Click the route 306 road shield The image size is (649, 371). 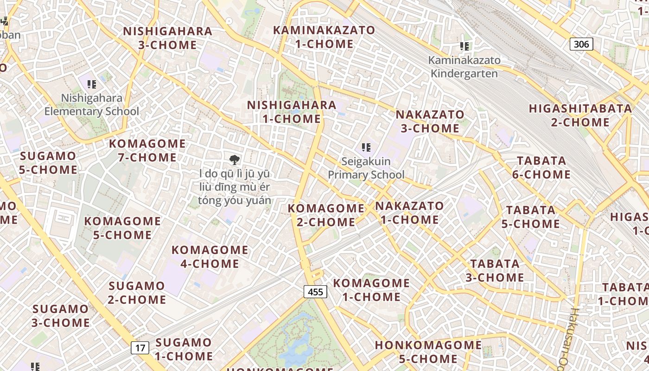tap(581, 44)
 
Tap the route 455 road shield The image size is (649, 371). tap(316, 292)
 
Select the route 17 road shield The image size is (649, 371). tap(140, 347)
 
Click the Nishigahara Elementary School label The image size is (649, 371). tap(92, 105)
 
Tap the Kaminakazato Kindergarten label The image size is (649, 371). tap(464, 67)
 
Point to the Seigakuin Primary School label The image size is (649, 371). tap(366, 168)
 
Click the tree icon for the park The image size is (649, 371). tap(235, 160)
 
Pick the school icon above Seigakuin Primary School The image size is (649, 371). tap(366, 147)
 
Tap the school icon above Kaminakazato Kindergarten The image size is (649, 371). tap(464, 46)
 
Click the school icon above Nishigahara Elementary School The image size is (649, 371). tap(92, 84)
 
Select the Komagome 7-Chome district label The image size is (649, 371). tap(147, 150)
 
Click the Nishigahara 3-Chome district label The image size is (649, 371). tap(168, 38)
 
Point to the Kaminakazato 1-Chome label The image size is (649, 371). tap(324, 37)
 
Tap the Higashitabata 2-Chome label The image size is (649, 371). tap(580, 115)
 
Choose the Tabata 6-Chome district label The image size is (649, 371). tap(541, 167)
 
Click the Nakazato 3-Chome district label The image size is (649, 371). tap(430, 121)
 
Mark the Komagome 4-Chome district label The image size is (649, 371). tap(210, 257)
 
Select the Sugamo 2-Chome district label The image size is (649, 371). tap(137, 293)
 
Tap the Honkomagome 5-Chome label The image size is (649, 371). tap(428, 352)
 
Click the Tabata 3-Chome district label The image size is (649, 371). tap(495, 271)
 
